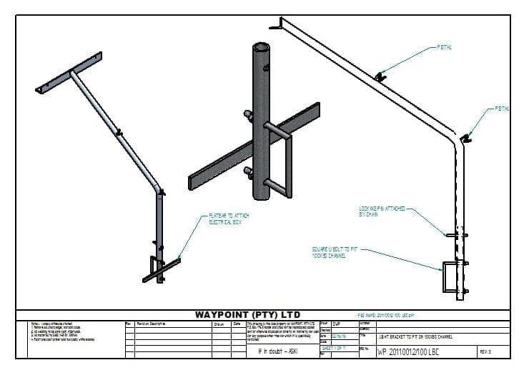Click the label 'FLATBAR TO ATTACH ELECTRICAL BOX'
228,219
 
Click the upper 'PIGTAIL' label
443,48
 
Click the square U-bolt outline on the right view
453,277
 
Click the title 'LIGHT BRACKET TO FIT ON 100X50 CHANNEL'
425,336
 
